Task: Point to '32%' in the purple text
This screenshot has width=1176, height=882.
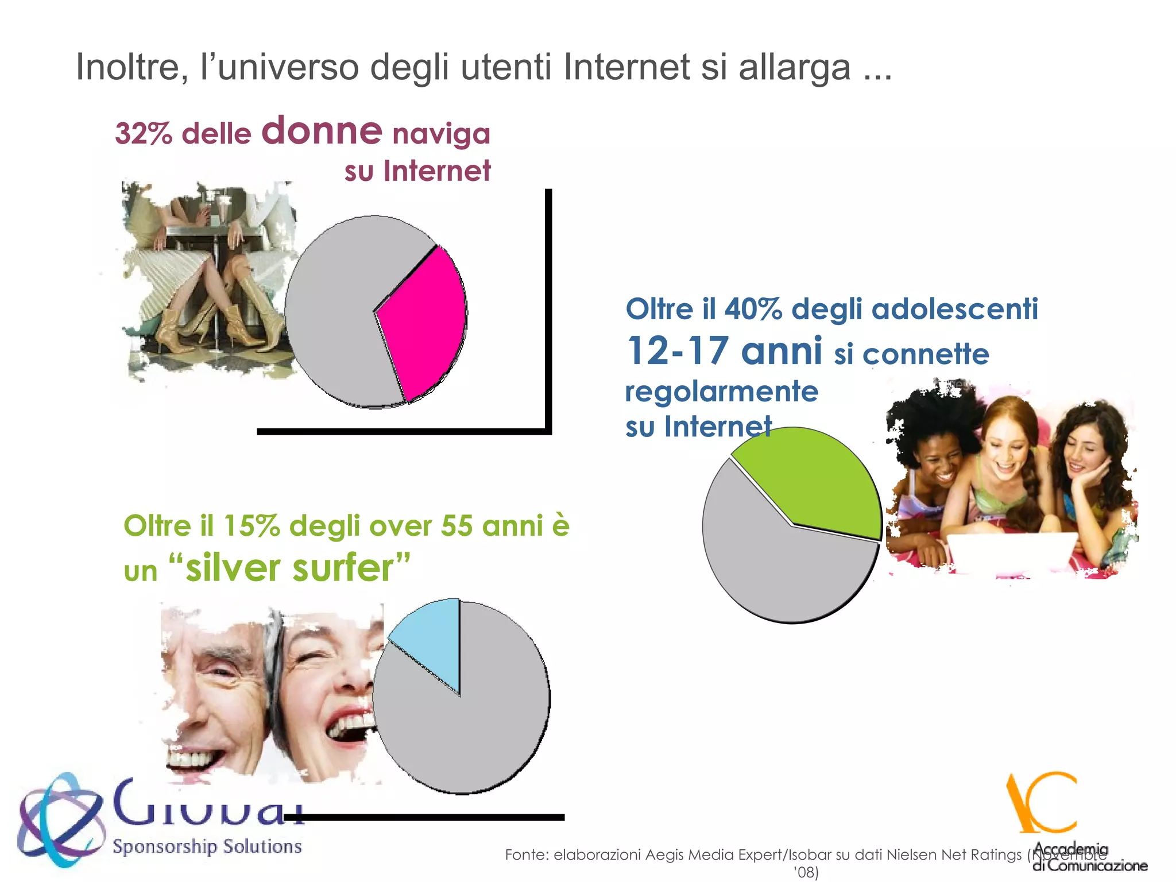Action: click(x=144, y=134)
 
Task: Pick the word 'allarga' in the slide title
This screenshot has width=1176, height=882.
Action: click(x=794, y=67)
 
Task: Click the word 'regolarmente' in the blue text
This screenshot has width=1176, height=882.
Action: click(x=721, y=392)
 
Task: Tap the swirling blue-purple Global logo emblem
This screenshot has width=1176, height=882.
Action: click(x=60, y=818)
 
